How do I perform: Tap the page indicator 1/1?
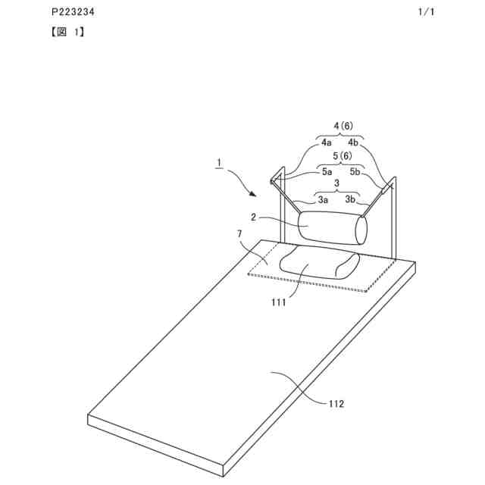click(427, 13)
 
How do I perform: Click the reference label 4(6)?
click(343, 126)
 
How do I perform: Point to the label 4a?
click(326, 142)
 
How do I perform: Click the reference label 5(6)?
click(343, 156)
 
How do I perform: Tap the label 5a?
click(327, 172)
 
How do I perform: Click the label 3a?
click(323, 200)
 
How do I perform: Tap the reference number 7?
click(240, 236)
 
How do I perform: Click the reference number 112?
click(336, 404)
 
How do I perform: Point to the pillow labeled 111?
click(318, 264)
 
